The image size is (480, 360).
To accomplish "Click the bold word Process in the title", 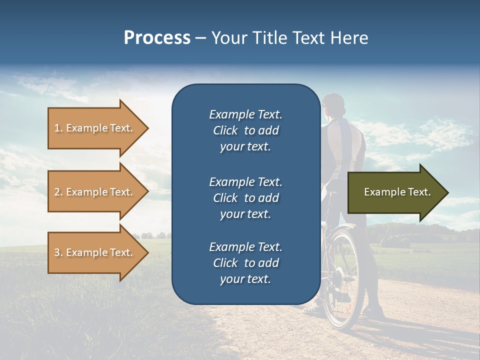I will point(157,38).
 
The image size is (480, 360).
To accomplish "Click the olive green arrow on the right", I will point(395,192).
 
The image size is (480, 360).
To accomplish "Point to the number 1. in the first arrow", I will point(58,128).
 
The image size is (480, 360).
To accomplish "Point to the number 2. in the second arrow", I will point(58,192).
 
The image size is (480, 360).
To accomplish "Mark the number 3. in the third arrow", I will point(58,252).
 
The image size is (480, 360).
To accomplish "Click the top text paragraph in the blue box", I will point(245,130).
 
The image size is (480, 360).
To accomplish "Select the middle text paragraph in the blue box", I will point(245,197).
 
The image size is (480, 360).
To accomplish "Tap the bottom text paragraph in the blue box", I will point(245,263).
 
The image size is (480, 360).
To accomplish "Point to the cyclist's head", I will point(334,106).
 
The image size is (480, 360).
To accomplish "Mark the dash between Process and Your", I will point(201,38).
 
